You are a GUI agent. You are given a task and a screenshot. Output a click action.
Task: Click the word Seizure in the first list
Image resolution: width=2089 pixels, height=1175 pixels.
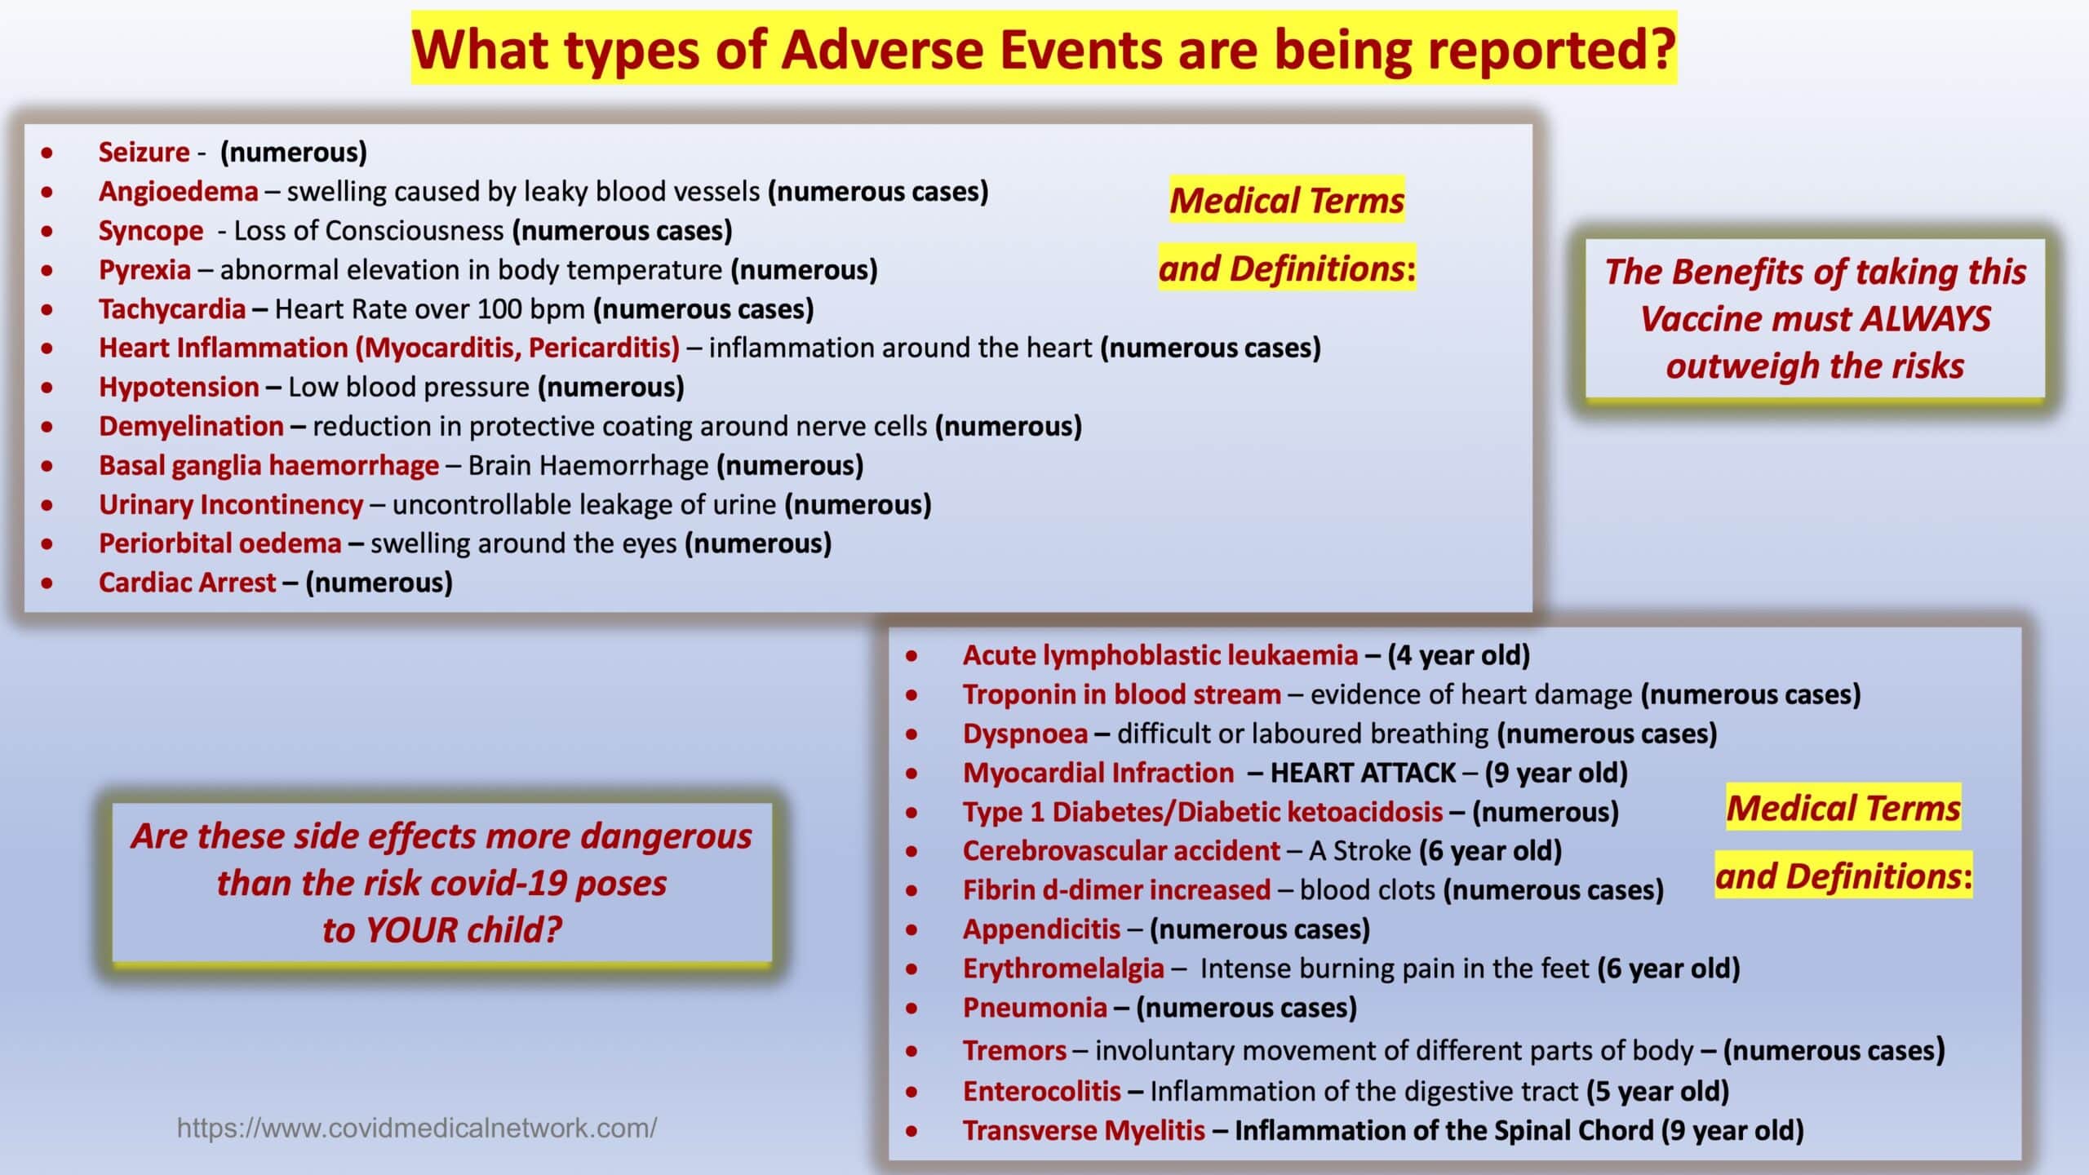[144, 152]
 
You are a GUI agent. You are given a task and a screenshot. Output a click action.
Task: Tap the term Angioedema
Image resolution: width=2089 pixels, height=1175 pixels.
[178, 191]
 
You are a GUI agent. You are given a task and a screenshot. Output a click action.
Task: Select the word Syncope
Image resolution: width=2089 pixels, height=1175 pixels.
[151, 231]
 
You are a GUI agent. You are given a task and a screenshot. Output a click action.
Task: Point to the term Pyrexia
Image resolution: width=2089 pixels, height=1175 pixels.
[144, 270]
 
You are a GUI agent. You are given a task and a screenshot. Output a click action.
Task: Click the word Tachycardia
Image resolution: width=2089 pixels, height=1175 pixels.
[172, 309]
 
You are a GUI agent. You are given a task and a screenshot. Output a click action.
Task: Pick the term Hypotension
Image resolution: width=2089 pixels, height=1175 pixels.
[179, 387]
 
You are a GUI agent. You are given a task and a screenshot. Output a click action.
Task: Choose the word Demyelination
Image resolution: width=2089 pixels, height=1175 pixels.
[191, 426]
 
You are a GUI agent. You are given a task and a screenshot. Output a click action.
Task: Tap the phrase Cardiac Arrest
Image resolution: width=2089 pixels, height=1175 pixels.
[188, 583]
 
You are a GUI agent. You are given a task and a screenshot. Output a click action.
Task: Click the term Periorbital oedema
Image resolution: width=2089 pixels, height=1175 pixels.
[220, 543]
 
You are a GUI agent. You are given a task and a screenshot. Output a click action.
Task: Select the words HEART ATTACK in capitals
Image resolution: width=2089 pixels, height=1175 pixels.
[1364, 773]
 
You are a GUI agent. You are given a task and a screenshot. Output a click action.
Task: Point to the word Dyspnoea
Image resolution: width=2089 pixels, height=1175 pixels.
[1025, 734]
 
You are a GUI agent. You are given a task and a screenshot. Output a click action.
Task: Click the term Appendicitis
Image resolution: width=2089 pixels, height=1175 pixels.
[1041, 929]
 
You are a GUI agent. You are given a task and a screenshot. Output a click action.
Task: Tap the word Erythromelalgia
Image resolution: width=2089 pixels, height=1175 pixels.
[1063, 969]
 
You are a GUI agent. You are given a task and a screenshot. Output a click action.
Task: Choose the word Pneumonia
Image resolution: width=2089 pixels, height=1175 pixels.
[1035, 1008]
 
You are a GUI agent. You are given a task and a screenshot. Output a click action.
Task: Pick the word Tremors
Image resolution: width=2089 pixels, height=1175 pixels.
[1014, 1051]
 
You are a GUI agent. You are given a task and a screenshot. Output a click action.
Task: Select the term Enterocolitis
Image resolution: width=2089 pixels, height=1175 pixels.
[1041, 1092]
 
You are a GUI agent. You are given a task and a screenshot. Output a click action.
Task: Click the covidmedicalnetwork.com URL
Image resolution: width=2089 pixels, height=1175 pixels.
[417, 1128]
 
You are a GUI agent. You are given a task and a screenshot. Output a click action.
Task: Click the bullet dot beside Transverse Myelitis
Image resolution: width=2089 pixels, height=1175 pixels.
[911, 1132]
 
